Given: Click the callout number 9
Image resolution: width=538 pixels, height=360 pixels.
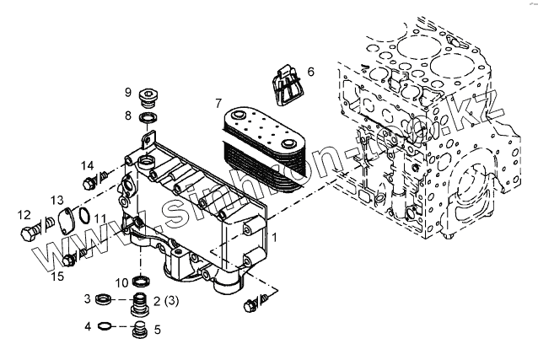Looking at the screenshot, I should click(128, 92).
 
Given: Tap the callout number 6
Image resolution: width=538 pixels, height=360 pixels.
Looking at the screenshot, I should click(310, 73).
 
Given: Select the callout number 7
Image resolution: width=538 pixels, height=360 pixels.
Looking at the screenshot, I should click(218, 103).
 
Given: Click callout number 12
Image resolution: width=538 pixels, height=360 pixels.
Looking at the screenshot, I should click(24, 215).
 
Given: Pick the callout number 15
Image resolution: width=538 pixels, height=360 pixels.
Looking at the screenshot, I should click(57, 275).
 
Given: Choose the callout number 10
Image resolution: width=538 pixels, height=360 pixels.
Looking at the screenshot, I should click(121, 282).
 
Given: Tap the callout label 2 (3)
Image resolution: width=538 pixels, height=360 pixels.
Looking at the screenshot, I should click(165, 299).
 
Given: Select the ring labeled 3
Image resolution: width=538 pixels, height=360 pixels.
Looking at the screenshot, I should click(104, 298).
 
